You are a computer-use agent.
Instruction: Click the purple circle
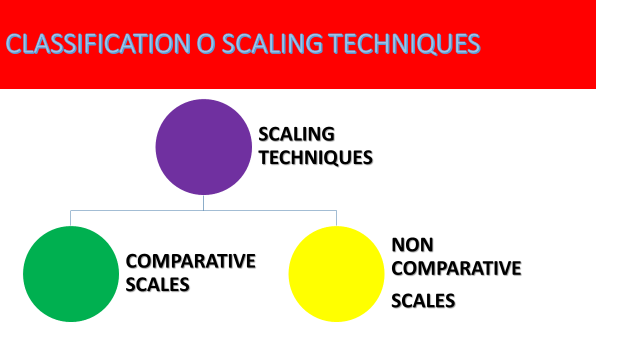click(203, 147)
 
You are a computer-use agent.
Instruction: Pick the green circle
click(71, 274)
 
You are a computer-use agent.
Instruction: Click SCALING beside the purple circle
click(297, 134)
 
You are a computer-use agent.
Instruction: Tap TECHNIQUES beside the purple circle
click(315, 157)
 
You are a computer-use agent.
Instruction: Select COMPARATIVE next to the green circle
click(191, 261)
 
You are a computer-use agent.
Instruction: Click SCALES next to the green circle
click(158, 284)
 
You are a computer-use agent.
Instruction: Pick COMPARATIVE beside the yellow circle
click(457, 268)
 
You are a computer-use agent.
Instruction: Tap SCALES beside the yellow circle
click(423, 300)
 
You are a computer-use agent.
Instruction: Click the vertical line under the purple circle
click(203, 202)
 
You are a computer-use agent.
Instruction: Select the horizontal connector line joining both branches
click(270, 211)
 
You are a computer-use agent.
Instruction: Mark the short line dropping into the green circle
click(71, 218)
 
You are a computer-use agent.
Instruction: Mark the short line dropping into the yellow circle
click(337, 218)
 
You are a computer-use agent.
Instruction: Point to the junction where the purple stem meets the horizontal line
click(203, 211)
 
